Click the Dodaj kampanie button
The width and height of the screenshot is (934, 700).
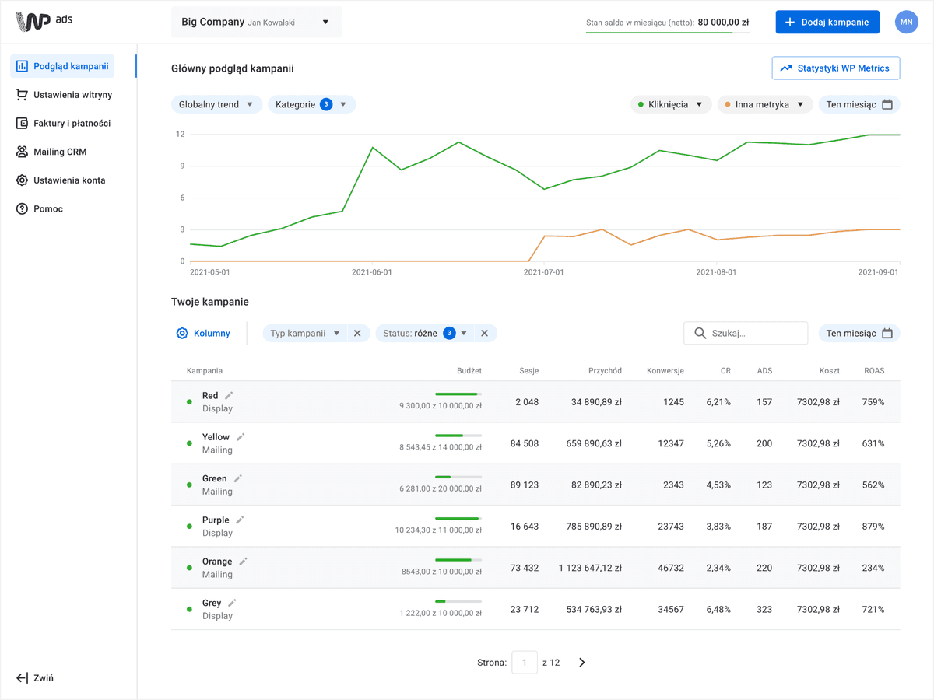click(827, 22)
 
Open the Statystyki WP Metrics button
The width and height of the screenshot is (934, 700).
click(836, 68)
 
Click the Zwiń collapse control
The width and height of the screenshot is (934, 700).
click(35, 678)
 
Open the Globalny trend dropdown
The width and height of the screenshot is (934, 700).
click(216, 104)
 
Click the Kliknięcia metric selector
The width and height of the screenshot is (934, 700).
click(671, 104)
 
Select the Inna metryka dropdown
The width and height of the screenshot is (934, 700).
click(764, 104)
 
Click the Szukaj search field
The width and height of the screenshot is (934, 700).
click(746, 333)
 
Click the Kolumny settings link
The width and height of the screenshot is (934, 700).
click(203, 333)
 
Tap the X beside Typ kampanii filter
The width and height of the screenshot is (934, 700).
click(357, 333)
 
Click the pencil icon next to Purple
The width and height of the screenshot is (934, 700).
click(240, 520)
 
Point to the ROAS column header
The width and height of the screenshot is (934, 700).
click(874, 371)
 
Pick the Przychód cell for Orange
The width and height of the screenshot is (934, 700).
click(590, 568)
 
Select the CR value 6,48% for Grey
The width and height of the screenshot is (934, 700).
click(718, 610)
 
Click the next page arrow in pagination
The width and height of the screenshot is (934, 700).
click(581, 663)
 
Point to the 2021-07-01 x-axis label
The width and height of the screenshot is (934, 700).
click(543, 272)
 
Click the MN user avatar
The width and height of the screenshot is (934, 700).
click(906, 22)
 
